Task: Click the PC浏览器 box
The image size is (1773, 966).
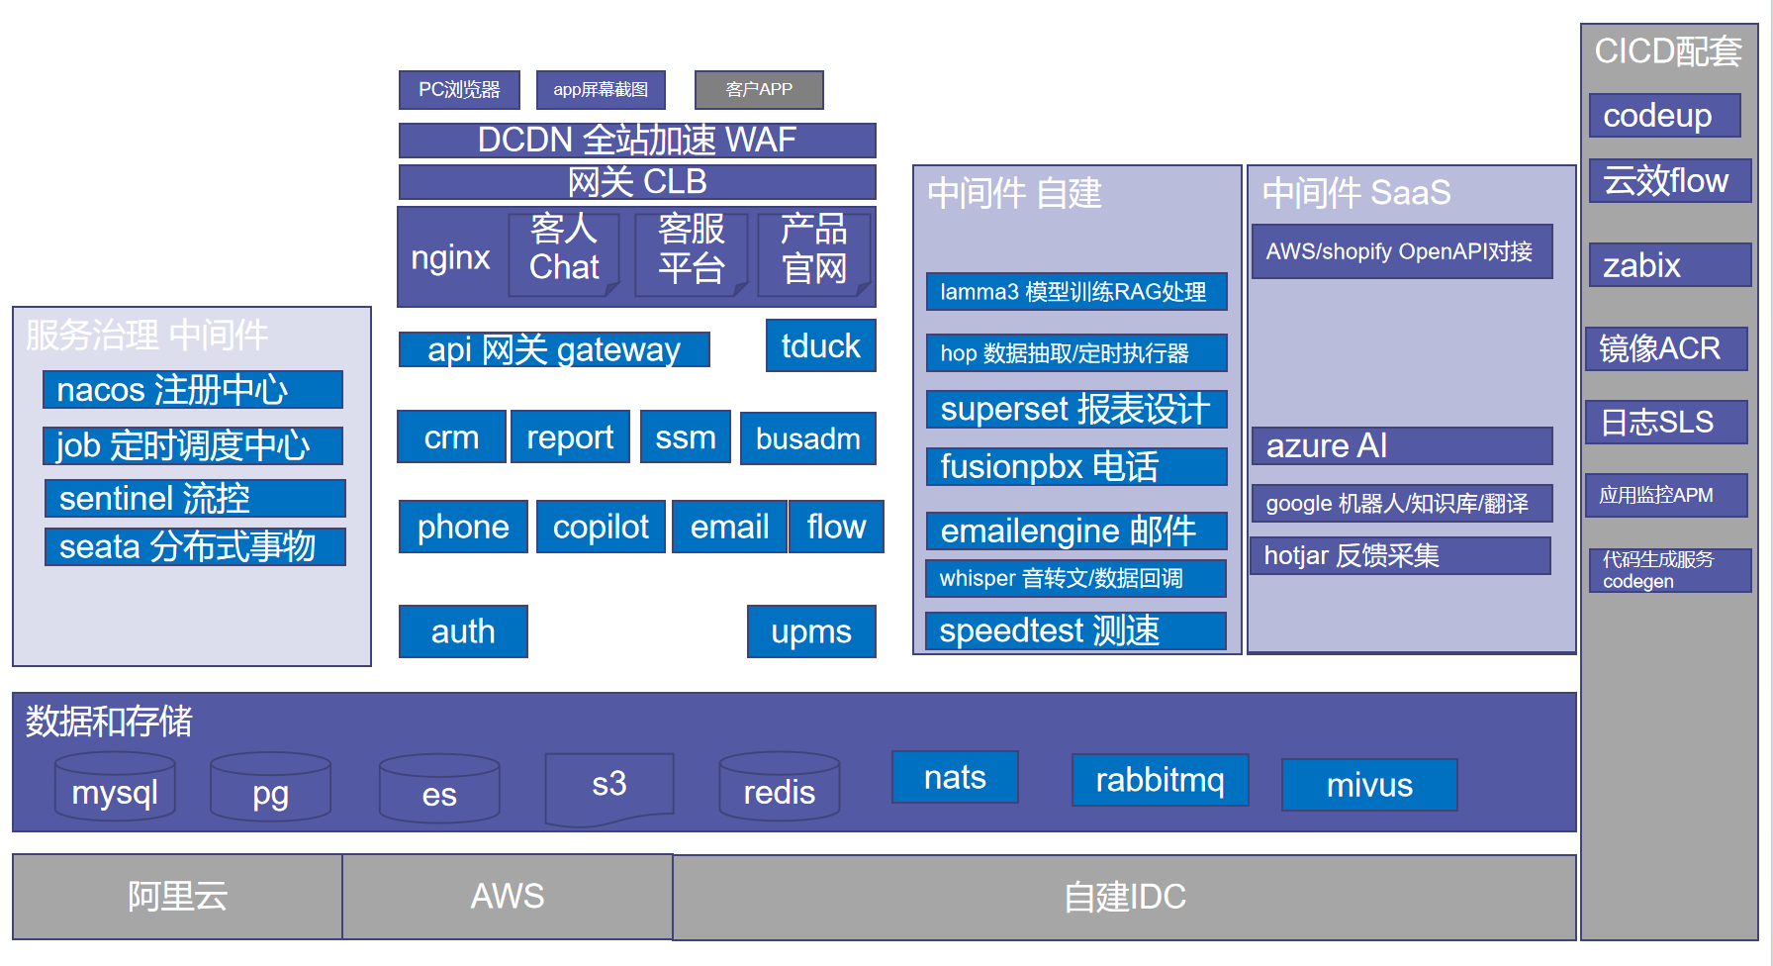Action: [459, 90]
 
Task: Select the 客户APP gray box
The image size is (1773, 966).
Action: [759, 90]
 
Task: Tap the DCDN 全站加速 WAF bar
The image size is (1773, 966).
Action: [637, 141]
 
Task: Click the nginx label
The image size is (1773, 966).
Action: [450, 257]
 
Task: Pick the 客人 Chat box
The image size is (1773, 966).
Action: [564, 254]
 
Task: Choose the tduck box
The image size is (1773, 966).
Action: [821, 345]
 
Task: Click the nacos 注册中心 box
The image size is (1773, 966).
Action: [193, 390]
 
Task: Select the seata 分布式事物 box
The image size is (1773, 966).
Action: [195, 546]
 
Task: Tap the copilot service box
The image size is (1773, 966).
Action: [601, 527]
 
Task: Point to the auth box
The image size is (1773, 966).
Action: [463, 631]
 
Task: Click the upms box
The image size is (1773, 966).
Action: [811, 631]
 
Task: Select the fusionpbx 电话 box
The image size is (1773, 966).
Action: [1076, 466]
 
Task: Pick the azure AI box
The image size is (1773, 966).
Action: [1402, 445]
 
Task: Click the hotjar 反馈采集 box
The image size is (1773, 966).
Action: [1400, 555]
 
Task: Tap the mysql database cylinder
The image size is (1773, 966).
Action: [115, 787]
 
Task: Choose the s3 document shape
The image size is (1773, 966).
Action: [609, 788]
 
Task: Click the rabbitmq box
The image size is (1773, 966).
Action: [1160, 780]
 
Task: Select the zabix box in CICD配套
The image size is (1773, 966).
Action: [1670, 265]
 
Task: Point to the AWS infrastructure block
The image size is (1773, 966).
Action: [508, 897]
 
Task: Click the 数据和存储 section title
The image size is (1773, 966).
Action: [109, 722]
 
